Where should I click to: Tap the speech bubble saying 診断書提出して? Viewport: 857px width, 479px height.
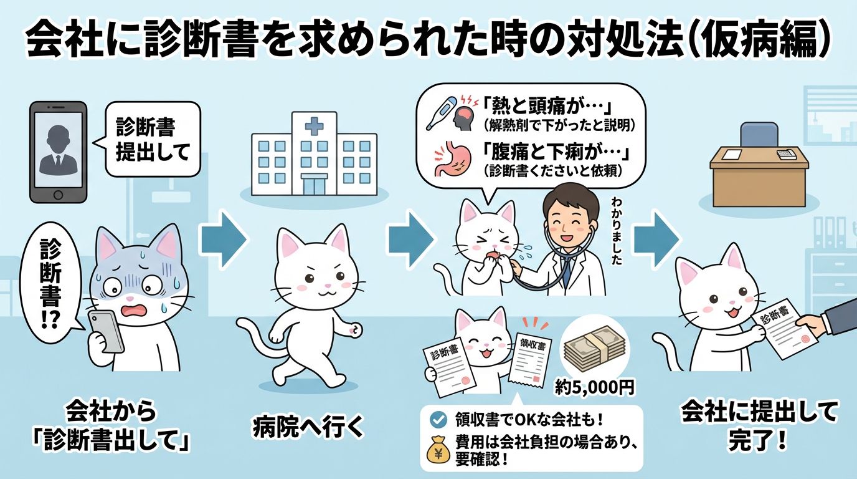153,140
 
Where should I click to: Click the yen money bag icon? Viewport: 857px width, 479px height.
438,451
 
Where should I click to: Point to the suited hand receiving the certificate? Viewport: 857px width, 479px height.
822,322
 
